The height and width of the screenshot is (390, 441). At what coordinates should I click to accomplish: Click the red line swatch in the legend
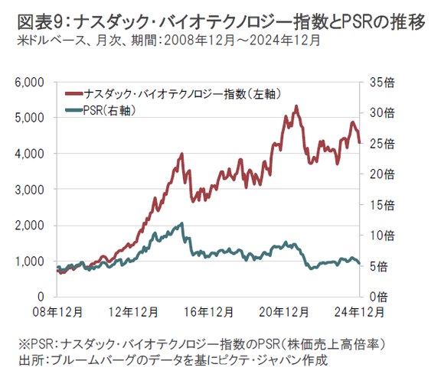77,94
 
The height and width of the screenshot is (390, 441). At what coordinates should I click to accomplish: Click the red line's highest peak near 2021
296,106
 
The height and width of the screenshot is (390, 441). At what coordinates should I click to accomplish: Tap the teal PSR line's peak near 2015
181,223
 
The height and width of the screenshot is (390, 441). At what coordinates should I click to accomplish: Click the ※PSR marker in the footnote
36,343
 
